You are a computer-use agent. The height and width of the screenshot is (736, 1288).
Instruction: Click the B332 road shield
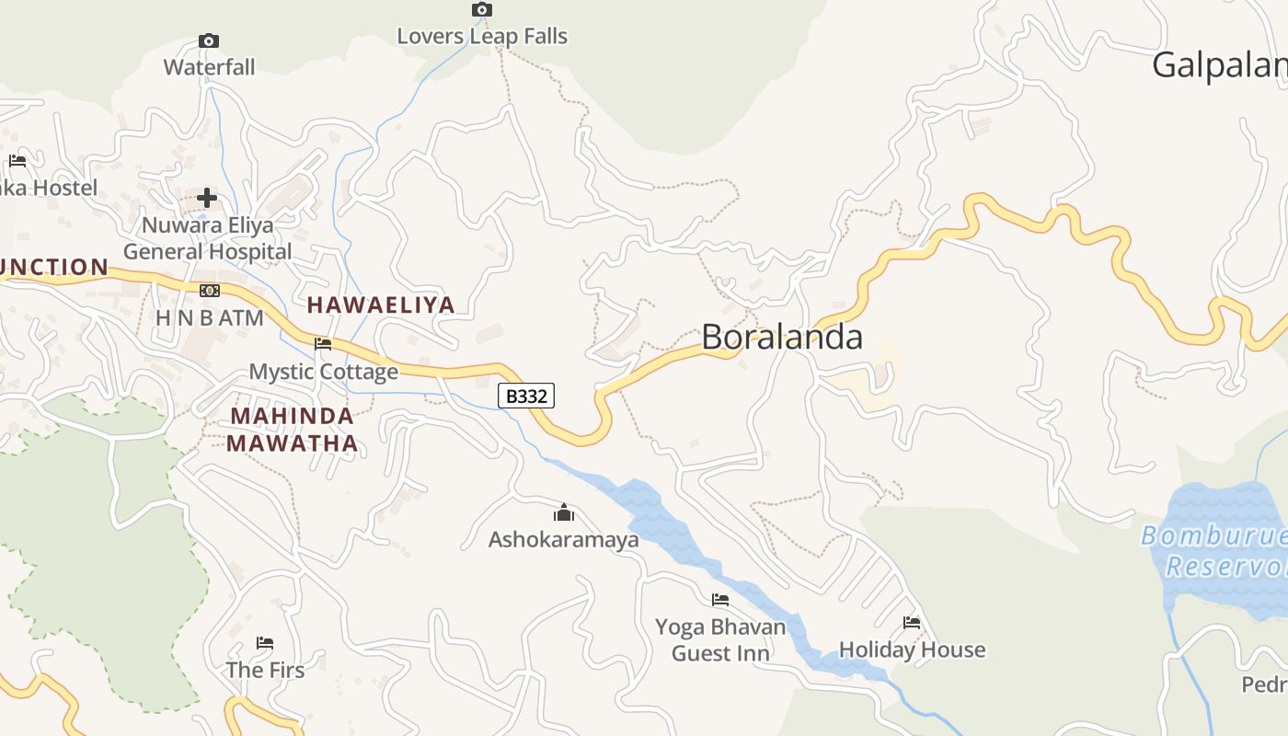[x=526, y=397]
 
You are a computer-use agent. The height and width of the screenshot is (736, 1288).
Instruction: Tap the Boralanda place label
[x=781, y=337]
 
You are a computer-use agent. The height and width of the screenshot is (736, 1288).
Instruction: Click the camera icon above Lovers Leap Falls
[x=481, y=10]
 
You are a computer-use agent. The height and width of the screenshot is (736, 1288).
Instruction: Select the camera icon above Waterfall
[x=209, y=41]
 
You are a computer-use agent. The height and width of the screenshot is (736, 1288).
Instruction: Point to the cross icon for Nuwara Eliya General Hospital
[x=207, y=198]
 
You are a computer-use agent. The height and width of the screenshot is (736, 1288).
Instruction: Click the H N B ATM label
[x=210, y=318]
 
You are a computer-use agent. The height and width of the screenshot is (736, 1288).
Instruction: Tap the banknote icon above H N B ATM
[x=210, y=291]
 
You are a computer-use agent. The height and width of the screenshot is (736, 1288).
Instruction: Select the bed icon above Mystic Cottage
[x=323, y=344]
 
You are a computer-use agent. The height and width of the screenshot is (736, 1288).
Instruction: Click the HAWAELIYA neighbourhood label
[x=381, y=305]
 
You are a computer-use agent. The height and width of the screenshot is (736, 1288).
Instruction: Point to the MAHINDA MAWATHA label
[x=292, y=430]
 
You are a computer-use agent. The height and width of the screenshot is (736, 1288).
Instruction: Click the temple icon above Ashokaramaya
[x=564, y=512]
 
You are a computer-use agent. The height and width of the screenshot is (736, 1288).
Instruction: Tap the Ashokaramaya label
[x=563, y=540]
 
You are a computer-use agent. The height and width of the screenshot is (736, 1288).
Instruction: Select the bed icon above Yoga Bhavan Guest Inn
[x=720, y=600]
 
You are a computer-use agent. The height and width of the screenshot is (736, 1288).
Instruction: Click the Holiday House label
[x=912, y=650]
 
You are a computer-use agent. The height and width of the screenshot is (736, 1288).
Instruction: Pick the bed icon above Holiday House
[x=912, y=623]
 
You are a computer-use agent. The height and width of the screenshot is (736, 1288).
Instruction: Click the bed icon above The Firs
[x=265, y=642]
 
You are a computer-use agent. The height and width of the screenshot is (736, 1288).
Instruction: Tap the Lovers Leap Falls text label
[x=482, y=37]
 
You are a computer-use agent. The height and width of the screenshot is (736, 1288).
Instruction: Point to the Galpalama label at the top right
[x=1219, y=65]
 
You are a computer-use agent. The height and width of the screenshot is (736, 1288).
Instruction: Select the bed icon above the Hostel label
[x=17, y=161]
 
